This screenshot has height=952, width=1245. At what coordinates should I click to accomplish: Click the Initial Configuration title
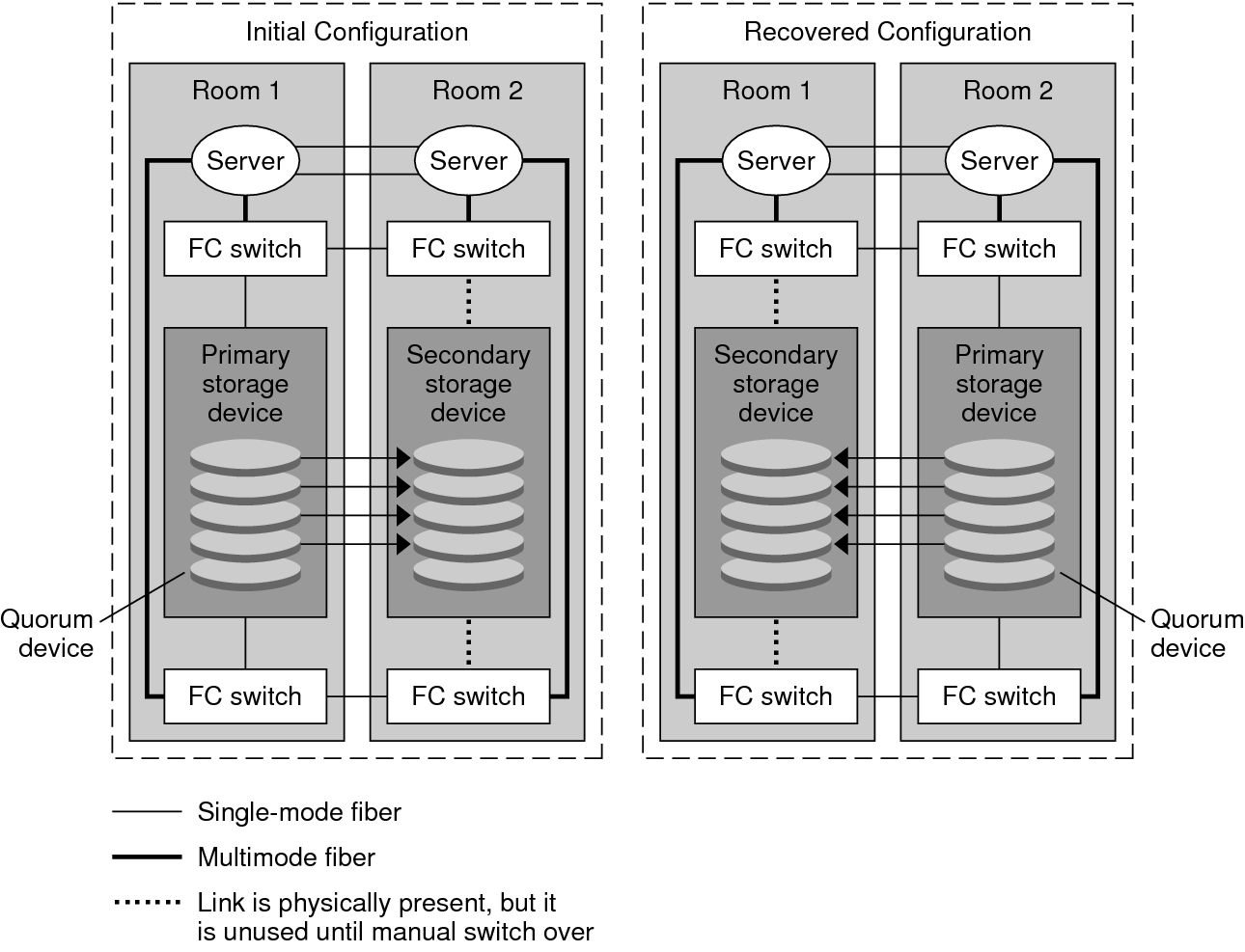point(356,32)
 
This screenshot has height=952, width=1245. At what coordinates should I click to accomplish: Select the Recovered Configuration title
point(887,32)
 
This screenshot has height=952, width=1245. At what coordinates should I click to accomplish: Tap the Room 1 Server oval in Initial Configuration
point(245,161)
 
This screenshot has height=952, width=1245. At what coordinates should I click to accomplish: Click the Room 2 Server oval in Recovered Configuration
point(999,161)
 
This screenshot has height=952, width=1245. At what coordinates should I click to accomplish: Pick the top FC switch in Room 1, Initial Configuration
point(245,249)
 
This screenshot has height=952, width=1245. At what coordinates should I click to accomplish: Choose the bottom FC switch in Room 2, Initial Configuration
point(468,696)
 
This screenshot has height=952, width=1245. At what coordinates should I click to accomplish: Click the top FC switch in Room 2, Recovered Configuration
point(999,249)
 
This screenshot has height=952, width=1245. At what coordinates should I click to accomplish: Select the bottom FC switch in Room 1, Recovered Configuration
point(776,696)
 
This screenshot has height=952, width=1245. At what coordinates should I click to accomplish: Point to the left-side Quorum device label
point(47,634)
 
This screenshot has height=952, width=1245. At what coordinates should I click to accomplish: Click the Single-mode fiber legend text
point(299,812)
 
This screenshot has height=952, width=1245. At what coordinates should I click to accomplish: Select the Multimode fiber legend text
point(286,857)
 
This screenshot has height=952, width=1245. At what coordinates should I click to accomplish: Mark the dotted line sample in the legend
point(147,904)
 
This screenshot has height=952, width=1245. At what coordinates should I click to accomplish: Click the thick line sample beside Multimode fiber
point(147,857)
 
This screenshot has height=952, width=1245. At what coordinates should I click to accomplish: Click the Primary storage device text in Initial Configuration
point(245,384)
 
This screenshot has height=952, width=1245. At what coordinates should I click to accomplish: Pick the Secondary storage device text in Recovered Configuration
point(776,384)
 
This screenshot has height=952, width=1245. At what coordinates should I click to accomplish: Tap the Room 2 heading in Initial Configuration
point(477,91)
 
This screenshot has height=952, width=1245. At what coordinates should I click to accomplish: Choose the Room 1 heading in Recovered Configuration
point(766,91)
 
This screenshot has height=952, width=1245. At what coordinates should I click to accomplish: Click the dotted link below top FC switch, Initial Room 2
point(468,301)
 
